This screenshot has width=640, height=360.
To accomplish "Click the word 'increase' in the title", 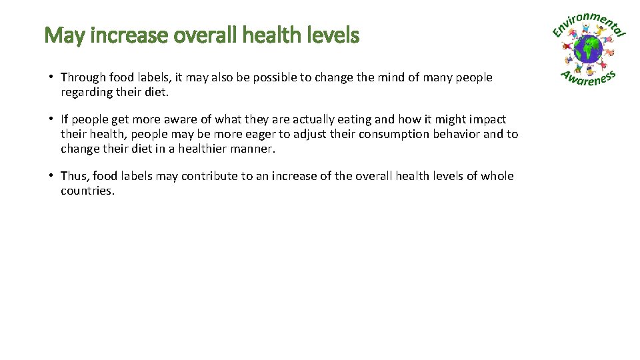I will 127,35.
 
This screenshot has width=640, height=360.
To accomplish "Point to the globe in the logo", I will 589,49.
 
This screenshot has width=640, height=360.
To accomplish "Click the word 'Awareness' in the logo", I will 588,77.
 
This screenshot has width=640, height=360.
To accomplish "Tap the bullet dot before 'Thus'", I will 51,176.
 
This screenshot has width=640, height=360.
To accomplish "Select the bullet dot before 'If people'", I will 51,119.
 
